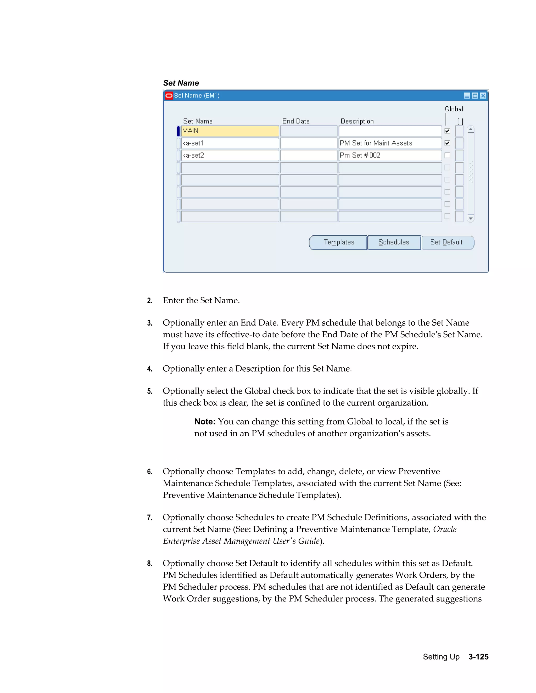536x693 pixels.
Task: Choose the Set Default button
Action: [x=447, y=242]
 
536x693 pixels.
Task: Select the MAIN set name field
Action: [x=230, y=131]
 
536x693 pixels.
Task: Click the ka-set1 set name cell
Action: [x=230, y=143]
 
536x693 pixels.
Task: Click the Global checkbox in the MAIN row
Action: [x=447, y=131]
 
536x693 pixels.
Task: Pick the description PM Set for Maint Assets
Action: [x=390, y=143]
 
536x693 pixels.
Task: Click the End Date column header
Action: [x=296, y=121]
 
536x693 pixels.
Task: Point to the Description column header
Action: [x=357, y=121]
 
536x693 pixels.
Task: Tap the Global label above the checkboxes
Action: [x=454, y=109]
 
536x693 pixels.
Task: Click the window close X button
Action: [x=483, y=95]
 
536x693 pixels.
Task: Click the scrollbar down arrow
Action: [x=471, y=218]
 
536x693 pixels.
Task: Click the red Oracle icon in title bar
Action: [x=169, y=95]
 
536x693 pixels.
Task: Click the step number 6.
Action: [x=149, y=472]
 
